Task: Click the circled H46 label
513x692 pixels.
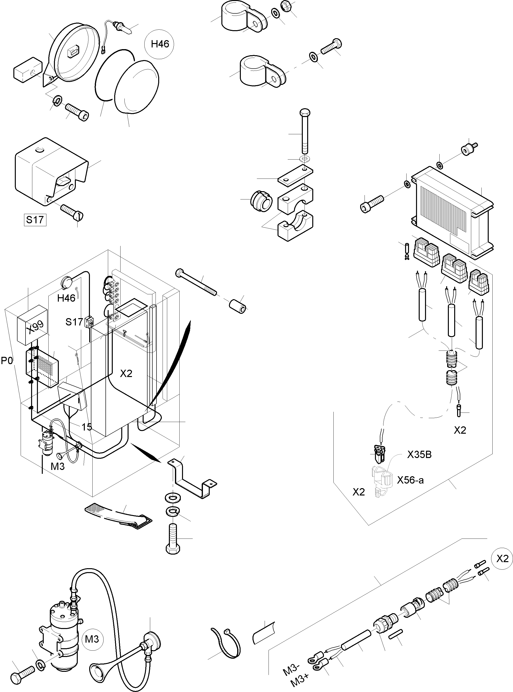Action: pyautogui.click(x=159, y=44)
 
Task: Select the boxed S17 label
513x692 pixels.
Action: pyautogui.click(x=35, y=220)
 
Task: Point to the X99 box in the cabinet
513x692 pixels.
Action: pyautogui.click(x=32, y=325)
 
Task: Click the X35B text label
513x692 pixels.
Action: pyautogui.click(x=419, y=455)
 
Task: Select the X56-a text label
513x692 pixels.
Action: pyautogui.click(x=410, y=480)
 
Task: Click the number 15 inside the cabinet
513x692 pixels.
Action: pyautogui.click(x=87, y=427)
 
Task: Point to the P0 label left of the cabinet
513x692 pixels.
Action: pyautogui.click(x=7, y=361)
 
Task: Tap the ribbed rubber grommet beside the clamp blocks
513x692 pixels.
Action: pyautogui.click(x=261, y=201)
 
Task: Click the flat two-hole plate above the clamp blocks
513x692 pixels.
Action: pyautogui.click(x=295, y=176)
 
